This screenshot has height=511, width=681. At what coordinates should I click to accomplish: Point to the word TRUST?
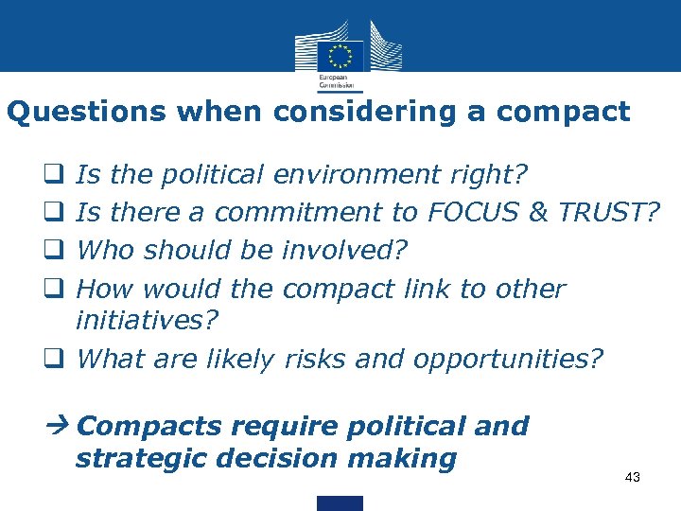click(x=607, y=213)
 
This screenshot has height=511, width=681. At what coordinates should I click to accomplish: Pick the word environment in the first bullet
click(x=357, y=175)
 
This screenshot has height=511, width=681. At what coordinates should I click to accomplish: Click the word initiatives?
click(x=147, y=321)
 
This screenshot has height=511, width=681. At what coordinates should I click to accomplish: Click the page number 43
click(x=633, y=478)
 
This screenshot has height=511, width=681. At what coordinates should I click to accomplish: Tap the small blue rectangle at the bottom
click(x=340, y=502)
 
